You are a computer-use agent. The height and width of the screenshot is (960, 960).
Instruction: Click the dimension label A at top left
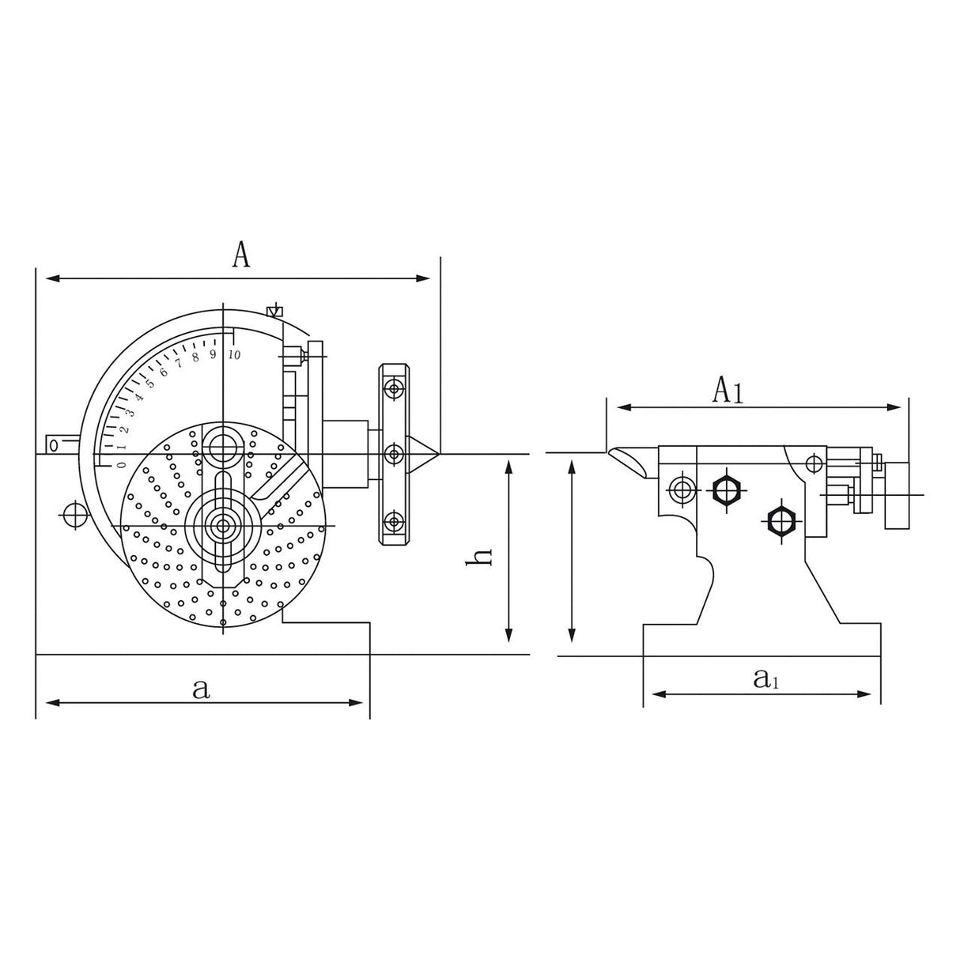tap(242, 255)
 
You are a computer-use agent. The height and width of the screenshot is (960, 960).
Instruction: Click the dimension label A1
tap(728, 391)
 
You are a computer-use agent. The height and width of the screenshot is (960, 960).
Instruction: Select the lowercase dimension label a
tap(201, 687)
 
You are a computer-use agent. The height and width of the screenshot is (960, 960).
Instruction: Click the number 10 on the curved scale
tap(234, 354)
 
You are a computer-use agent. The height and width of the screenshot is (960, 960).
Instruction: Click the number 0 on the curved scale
tap(121, 465)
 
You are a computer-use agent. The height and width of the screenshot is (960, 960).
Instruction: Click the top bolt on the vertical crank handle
tap(393, 387)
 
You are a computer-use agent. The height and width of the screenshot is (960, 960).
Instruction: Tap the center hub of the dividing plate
tap(222, 524)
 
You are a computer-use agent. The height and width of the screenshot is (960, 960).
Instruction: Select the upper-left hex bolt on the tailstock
tap(725, 490)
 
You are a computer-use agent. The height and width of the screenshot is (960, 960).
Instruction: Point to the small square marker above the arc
tap(274, 311)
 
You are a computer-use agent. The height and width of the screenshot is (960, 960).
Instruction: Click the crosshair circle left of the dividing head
tap(75, 514)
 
